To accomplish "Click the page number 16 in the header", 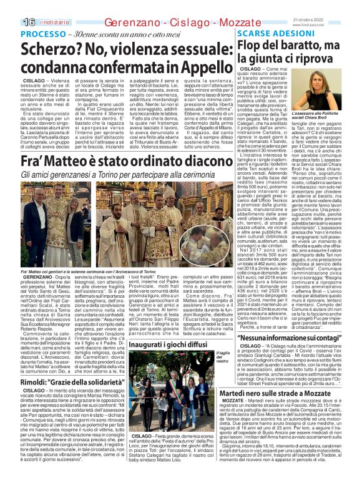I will pos(11,6).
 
